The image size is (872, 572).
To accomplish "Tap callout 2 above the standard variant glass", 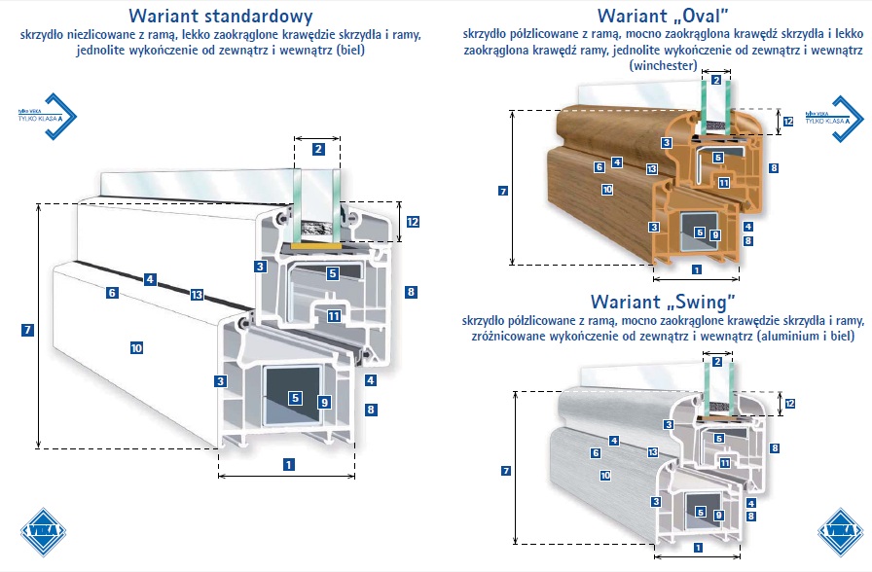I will [318, 149].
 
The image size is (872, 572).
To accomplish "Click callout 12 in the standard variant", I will [413, 222].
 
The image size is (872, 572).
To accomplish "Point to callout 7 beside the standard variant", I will [27, 330].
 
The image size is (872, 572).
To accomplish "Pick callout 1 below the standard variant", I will [288, 464].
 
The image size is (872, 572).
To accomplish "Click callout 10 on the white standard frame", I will [136, 347].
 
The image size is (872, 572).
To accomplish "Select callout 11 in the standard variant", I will [333, 315].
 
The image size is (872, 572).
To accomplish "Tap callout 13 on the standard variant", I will [196, 295].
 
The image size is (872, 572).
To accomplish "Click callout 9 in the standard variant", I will [324, 401].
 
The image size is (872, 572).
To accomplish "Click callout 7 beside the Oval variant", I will [502, 191].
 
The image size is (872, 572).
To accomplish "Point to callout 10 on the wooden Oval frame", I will [606, 190].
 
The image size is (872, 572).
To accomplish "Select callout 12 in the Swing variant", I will [789, 403].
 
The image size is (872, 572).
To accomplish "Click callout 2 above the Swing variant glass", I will [717, 362].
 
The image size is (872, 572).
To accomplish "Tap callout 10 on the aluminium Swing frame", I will [604, 476].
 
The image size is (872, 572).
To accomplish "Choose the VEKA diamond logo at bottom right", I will [840, 532].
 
